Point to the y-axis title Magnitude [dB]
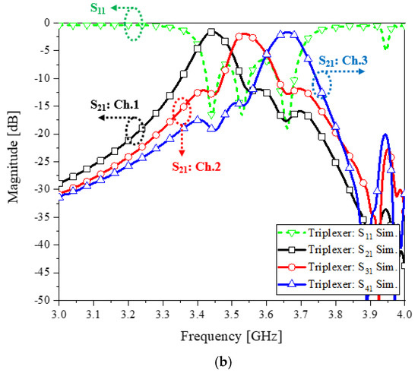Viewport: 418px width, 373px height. (11, 162)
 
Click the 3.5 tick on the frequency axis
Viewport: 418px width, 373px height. (232, 312)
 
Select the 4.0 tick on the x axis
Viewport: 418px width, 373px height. (404, 312)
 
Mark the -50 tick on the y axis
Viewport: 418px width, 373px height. (45, 300)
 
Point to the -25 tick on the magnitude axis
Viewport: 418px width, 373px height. (45, 162)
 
